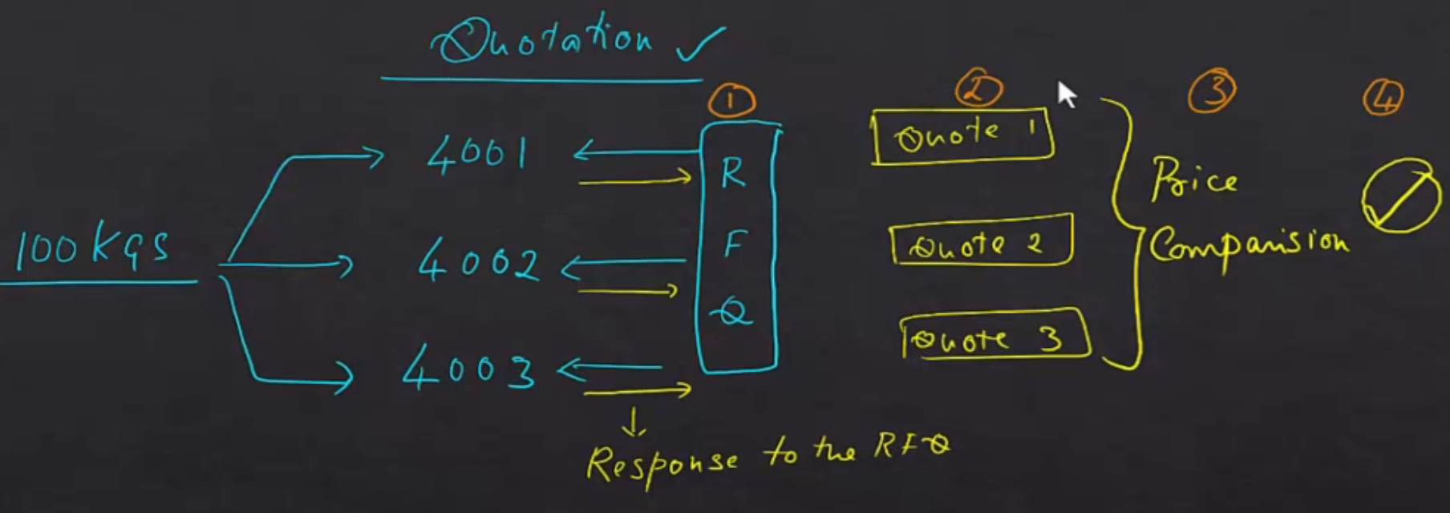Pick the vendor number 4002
pyautogui.click(x=479, y=263)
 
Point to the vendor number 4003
pyautogui.click(x=468, y=370)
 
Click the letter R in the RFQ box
pyautogui.click(x=732, y=172)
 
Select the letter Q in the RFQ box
pyautogui.click(x=732, y=311)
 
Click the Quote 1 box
pyautogui.click(x=962, y=135)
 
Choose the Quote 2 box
pyautogui.click(x=981, y=240)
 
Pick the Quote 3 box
pyautogui.click(x=994, y=335)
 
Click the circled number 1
pyautogui.click(x=731, y=101)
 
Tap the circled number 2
pyautogui.click(x=978, y=89)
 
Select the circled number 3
pyautogui.click(x=1212, y=91)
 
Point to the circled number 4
pyautogui.click(x=1383, y=99)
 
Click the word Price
pyautogui.click(x=1193, y=180)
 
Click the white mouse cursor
pyautogui.click(x=1066, y=94)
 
